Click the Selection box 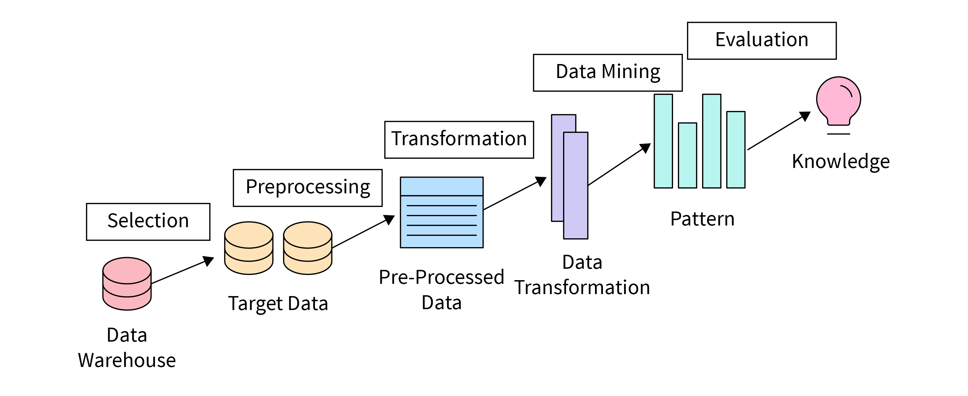(148, 222)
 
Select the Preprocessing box (307, 188)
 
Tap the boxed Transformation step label (459, 140)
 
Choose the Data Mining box (608, 73)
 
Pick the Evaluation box (761, 41)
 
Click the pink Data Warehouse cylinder (127, 284)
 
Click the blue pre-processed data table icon (442, 212)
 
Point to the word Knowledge (841, 161)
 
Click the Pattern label (702, 219)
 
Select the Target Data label (278, 303)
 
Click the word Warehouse (127, 360)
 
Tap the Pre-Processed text (441, 278)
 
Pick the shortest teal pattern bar (687, 155)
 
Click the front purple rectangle (576, 185)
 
